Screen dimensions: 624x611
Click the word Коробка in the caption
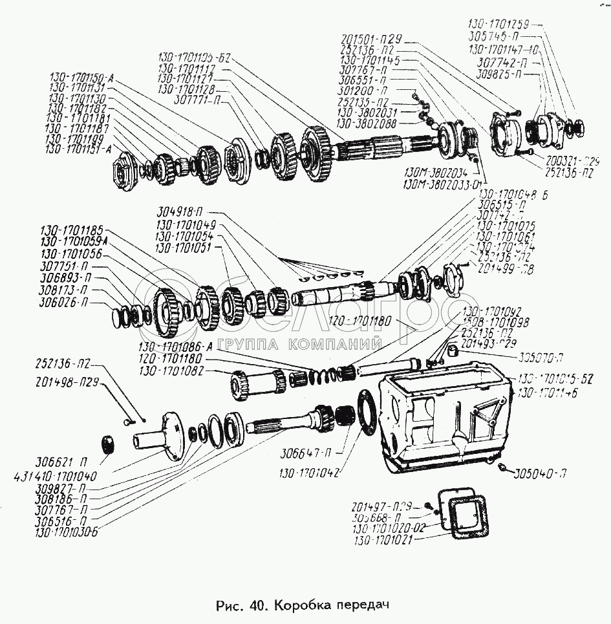(300, 606)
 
